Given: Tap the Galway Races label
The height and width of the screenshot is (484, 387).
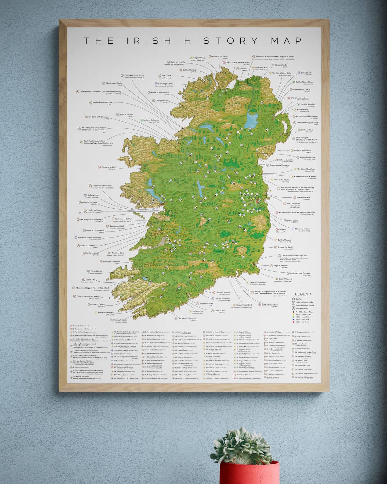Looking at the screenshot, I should click(93, 195).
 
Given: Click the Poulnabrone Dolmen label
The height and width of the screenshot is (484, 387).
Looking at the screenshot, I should click(123, 219).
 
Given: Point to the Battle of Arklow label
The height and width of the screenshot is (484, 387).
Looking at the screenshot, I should click(284, 240).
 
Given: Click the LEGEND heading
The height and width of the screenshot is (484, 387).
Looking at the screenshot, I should click(303, 294).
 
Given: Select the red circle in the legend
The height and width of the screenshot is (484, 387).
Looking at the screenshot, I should click(293, 322).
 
